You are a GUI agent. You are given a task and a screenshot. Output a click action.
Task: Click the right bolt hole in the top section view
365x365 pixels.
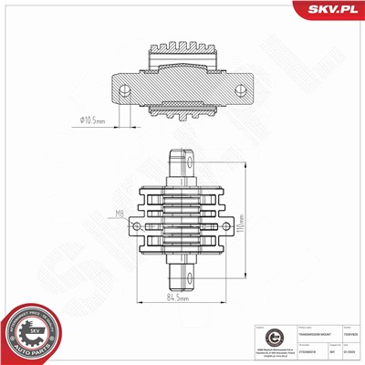241,89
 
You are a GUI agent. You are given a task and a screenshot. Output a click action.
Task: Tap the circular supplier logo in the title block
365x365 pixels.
262,335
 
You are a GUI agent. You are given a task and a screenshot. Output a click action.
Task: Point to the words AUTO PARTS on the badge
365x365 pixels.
34,349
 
